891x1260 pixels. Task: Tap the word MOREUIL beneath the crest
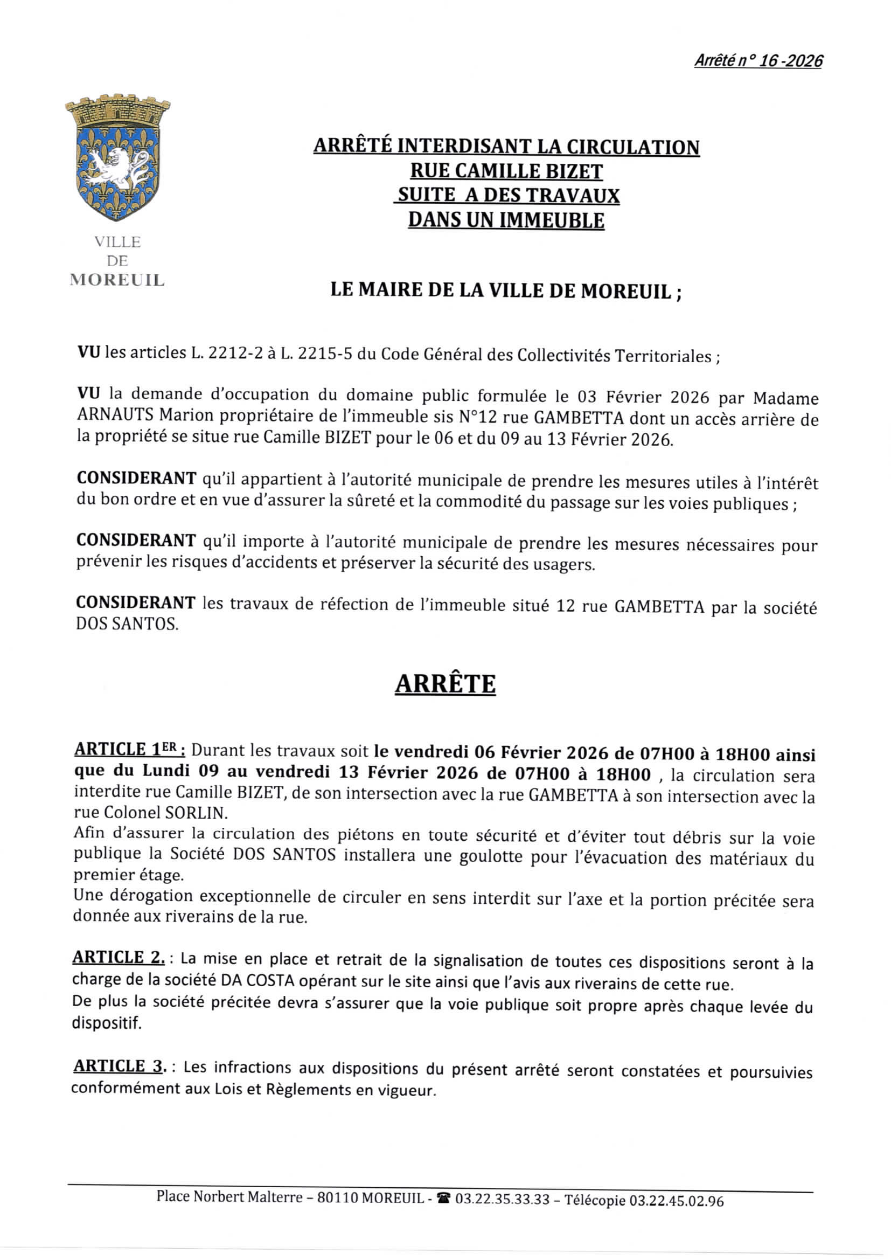point(117,280)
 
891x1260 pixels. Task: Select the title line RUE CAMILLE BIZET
point(506,171)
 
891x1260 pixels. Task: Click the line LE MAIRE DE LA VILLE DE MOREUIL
point(506,290)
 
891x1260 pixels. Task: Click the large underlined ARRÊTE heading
point(445,684)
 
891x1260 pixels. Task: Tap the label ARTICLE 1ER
point(129,750)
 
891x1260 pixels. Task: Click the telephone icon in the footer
point(443,1196)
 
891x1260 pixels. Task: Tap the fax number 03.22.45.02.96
point(676,1197)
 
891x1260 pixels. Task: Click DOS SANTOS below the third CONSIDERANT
point(127,625)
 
